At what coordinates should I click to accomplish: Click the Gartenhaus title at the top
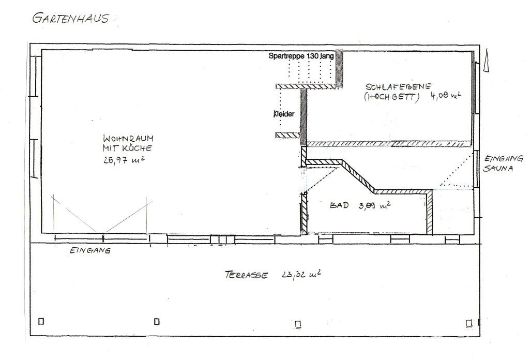point(70,18)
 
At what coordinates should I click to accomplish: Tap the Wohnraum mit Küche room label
point(128,143)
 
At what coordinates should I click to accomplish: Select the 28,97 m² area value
point(124,160)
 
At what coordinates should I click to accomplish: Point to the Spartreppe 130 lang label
point(301,56)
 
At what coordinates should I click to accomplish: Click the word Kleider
point(284,114)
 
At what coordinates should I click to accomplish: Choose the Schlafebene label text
point(398,86)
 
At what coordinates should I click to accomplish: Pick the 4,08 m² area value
point(446,95)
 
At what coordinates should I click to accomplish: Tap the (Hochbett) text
point(391,97)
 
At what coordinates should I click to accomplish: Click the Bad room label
point(339,205)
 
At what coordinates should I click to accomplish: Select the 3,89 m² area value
point(375,205)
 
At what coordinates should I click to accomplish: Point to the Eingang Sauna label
point(503,163)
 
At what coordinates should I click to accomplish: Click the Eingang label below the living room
point(90,251)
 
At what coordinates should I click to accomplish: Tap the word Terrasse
point(246,275)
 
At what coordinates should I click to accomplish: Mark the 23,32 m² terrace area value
point(301,274)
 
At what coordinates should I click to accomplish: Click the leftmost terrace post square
point(41,321)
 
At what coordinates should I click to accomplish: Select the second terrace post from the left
point(157,321)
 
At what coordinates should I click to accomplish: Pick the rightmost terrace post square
point(468,323)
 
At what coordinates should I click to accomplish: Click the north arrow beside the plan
point(487,61)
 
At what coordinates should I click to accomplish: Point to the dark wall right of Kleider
point(304,117)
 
